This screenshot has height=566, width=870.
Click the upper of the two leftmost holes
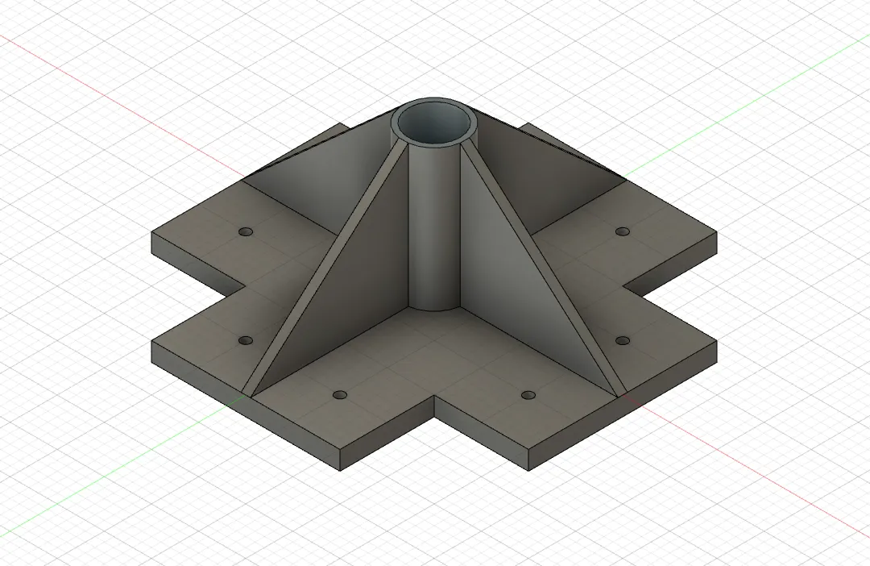246,231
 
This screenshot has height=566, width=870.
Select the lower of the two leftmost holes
246,341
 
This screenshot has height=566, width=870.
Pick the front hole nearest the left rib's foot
340,395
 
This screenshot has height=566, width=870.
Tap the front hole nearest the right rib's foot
528,395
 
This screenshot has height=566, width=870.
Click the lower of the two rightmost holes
622,341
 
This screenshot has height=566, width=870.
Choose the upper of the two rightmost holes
622,231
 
